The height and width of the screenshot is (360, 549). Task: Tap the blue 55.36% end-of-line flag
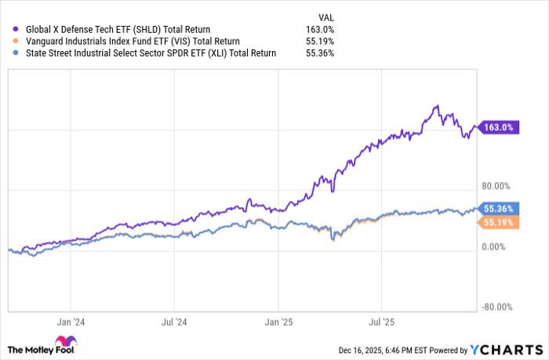pos(499,209)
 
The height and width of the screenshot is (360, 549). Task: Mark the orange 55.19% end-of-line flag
pos(499,224)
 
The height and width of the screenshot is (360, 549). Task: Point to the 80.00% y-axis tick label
pos(495,186)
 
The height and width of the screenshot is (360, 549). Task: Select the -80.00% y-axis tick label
pos(495,307)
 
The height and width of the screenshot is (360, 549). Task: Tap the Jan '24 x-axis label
pos(71,321)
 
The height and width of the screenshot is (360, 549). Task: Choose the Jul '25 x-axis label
pos(381,321)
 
